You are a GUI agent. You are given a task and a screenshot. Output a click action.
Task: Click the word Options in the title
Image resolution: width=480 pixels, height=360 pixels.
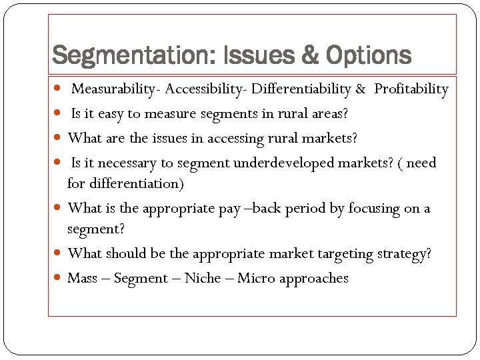pos(368,55)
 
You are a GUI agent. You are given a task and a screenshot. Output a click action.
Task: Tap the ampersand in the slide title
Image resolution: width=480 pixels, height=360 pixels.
pos(310,55)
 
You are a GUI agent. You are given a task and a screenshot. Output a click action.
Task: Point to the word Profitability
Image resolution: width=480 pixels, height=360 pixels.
pos(411,89)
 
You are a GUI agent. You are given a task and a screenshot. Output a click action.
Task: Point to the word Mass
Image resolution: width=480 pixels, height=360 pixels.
pos(83,278)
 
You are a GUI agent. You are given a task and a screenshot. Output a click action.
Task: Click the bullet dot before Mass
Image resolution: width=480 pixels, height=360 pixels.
pos(59,278)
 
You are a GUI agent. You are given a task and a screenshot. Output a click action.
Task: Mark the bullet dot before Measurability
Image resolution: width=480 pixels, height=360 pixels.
pos(59,89)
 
